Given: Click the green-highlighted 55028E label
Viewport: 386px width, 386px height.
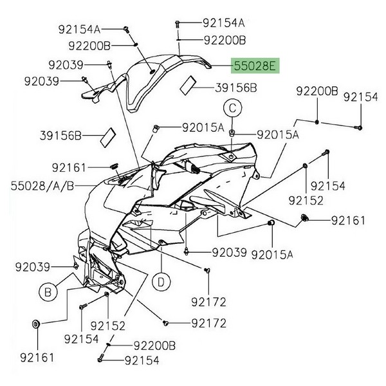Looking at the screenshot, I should pos(254,66).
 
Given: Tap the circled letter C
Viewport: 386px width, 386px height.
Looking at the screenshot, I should pos(232,108).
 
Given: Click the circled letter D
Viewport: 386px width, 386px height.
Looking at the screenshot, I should pos(161,281).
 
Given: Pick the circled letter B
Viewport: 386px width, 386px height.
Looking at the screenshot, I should pos(48,293).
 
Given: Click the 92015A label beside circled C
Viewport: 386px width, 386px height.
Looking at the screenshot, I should pos(278,135).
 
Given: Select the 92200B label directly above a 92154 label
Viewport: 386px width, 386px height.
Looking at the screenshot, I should pos(154,345).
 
